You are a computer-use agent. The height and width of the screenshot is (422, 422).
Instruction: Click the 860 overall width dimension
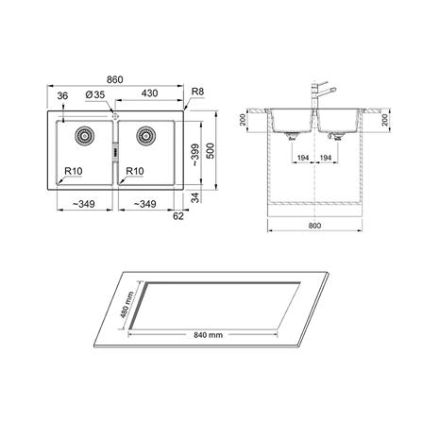pyautogui.click(x=115, y=79)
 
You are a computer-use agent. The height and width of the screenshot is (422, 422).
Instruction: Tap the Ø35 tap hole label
pyautogui.click(x=95, y=94)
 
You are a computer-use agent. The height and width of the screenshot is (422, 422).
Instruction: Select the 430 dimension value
pyautogui.click(x=149, y=93)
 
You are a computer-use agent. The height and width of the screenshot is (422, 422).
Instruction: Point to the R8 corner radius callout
pyautogui.click(x=198, y=92)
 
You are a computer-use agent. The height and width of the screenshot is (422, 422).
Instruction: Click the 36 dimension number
pyautogui.click(x=62, y=96)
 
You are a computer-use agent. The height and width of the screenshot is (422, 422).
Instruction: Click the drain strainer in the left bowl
pyautogui.click(x=84, y=135)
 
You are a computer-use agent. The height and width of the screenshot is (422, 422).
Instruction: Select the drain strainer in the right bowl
pyautogui.click(x=146, y=135)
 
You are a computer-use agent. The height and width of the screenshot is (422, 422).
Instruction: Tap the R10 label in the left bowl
pyautogui.click(x=74, y=171)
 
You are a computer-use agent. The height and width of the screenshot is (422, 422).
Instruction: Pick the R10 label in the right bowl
pyautogui.click(x=135, y=171)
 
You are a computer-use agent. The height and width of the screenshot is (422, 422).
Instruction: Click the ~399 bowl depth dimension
pyautogui.click(x=195, y=155)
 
